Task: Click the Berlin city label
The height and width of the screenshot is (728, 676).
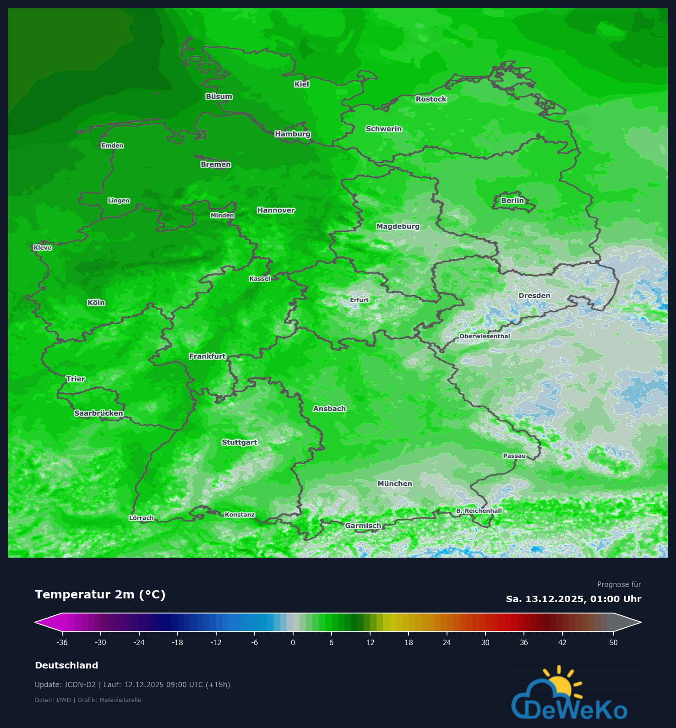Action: click(x=512, y=201)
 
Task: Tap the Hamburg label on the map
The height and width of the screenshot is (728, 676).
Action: click(x=293, y=134)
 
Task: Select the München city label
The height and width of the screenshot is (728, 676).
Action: click(x=395, y=484)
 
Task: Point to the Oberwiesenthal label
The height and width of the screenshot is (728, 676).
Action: click(x=485, y=336)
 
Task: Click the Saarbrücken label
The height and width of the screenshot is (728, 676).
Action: click(x=98, y=413)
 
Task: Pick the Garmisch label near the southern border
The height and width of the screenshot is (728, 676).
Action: click(x=363, y=526)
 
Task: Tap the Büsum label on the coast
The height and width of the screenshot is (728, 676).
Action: click(x=219, y=97)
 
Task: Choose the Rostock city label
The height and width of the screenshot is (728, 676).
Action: click(x=431, y=99)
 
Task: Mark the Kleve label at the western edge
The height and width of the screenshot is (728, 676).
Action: click(x=43, y=248)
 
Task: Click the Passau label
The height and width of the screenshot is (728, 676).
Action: click(x=514, y=456)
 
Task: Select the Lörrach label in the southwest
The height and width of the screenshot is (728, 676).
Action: click(x=142, y=518)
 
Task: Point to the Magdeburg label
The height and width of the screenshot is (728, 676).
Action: click(x=398, y=226)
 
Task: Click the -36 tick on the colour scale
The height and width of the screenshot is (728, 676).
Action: click(x=62, y=642)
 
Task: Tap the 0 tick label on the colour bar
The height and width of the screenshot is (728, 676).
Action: click(x=293, y=642)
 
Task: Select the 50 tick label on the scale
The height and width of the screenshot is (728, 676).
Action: click(x=614, y=642)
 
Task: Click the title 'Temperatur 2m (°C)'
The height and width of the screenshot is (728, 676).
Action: click(x=100, y=594)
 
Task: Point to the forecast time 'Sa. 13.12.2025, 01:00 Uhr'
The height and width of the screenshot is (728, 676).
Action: click(x=573, y=599)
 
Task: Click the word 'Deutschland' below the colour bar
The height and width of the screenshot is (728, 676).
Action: click(x=66, y=665)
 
